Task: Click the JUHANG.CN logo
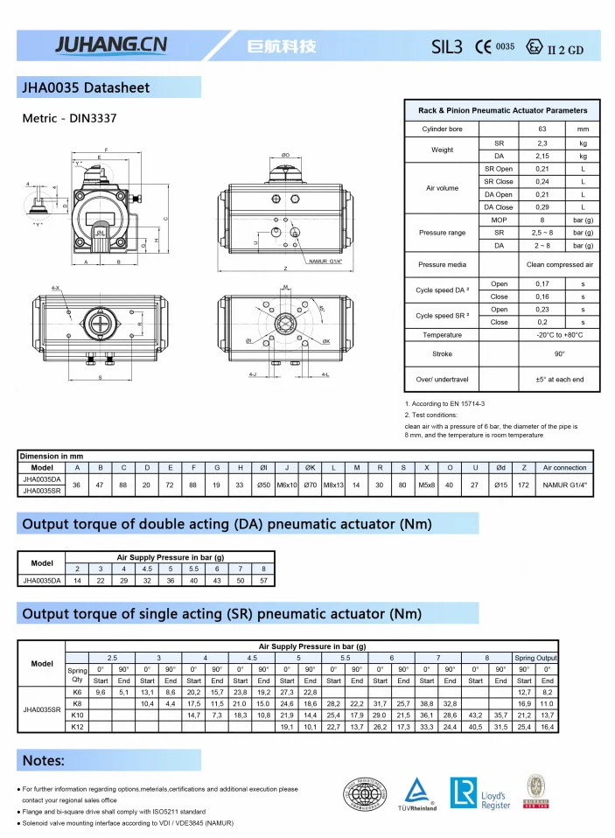tap(110, 45)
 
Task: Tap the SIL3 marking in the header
tap(446, 47)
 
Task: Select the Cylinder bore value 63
tap(542, 129)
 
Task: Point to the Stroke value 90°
tap(559, 353)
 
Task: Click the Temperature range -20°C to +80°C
tap(559, 335)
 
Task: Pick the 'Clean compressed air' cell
tap(559, 264)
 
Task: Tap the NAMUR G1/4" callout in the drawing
tap(325, 261)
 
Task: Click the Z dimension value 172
tap(523, 484)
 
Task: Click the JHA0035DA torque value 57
tap(263, 580)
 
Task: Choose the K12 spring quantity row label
tap(77, 727)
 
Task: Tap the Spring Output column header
tap(535, 658)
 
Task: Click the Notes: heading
tap(44, 760)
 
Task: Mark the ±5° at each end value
tap(559, 380)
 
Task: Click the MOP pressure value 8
tap(542, 220)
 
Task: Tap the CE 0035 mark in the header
tap(494, 47)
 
